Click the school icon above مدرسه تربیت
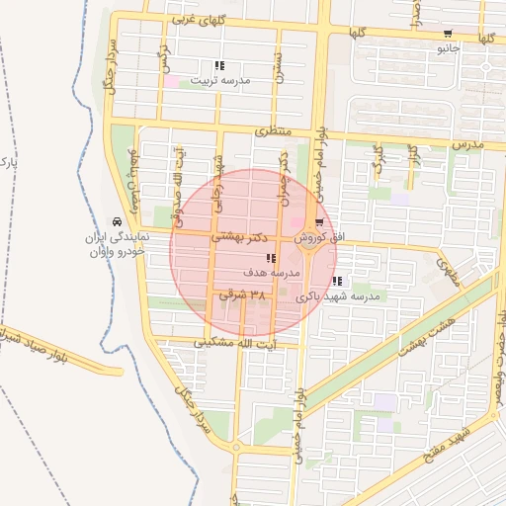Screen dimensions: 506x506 tap(218, 65)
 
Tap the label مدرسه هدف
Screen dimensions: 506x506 tap(271, 273)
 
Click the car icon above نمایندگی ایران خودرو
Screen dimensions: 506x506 tap(118, 221)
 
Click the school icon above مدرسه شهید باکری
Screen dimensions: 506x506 tap(338, 282)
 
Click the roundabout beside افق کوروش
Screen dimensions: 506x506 tap(309, 247)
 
